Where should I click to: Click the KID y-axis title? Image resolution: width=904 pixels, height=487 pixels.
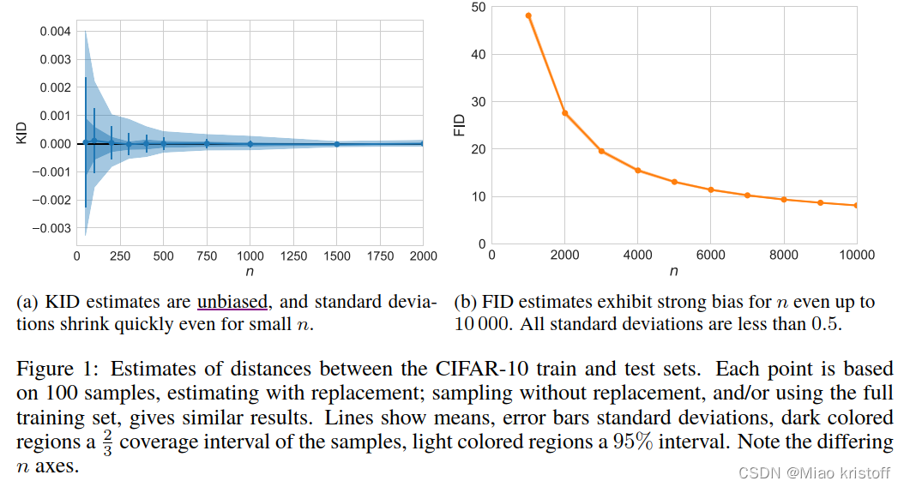tap(22, 132)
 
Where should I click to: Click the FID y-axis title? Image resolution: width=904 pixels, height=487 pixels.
tap(459, 127)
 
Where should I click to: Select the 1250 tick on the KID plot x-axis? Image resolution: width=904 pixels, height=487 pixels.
tap(293, 256)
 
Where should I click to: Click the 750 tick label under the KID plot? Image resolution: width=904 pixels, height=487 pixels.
tap(206, 256)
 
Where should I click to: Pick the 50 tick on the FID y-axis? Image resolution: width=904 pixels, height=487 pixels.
tap(478, 8)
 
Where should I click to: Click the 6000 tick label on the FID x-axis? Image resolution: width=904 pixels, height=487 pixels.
tap(710, 255)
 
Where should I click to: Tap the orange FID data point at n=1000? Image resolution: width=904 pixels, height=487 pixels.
tap(528, 15)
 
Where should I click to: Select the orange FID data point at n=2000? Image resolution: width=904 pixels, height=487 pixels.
tap(564, 112)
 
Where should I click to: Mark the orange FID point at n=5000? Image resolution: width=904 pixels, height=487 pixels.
tap(674, 182)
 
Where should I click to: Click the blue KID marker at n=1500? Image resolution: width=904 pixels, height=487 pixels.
tap(336, 144)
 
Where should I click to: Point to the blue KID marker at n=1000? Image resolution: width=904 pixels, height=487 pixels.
tap(250, 144)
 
